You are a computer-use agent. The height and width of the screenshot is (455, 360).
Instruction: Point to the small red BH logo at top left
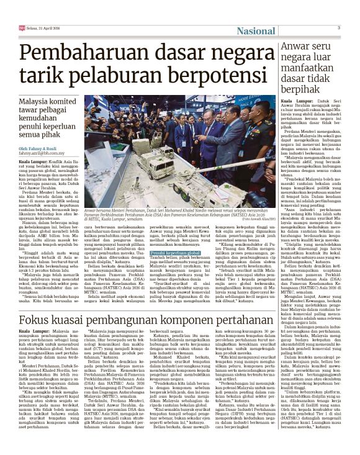pos(21,28)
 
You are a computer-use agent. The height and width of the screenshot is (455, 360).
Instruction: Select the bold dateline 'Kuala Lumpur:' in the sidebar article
pos(294,100)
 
